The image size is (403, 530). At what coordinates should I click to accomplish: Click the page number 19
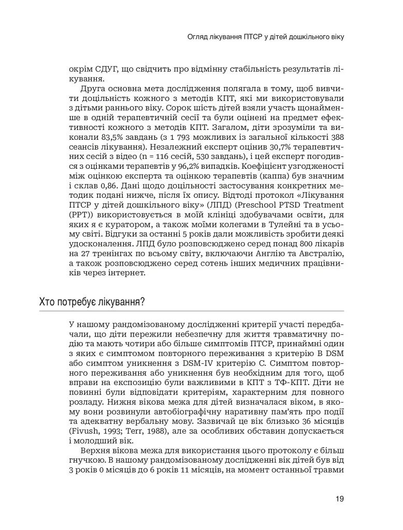(x=339, y=499)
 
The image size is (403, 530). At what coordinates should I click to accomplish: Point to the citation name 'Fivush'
(x=84, y=433)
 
